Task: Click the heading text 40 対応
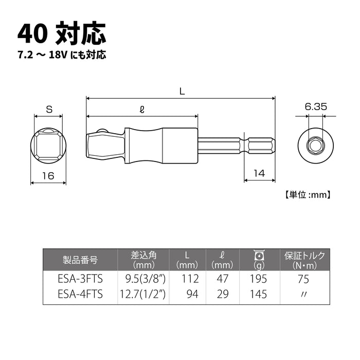point(62,33)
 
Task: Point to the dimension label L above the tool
point(182,92)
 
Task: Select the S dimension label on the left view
point(49,110)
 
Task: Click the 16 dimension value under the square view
point(48,176)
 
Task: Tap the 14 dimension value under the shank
point(259,174)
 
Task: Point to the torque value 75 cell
point(305,280)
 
